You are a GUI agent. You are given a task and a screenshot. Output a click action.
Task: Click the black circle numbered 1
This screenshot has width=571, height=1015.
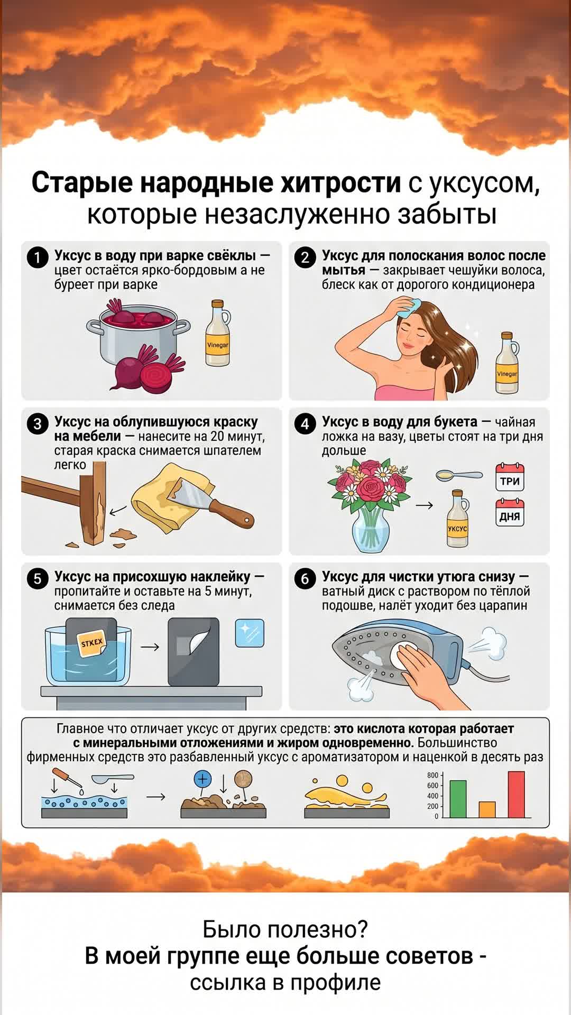[38, 259]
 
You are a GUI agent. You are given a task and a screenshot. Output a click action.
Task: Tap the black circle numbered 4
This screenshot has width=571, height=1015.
[305, 425]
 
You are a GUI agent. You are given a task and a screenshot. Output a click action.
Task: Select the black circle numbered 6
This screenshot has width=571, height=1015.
[305, 579]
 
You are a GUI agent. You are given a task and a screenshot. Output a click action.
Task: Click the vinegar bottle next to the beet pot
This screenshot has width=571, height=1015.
[217, 335]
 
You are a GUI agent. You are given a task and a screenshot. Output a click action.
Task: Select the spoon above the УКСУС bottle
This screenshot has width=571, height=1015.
[458, 475]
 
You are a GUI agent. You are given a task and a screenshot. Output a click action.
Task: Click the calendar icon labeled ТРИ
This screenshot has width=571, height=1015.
[510, 477]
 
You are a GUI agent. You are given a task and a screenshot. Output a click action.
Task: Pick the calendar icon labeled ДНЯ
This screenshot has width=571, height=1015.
[510, 513]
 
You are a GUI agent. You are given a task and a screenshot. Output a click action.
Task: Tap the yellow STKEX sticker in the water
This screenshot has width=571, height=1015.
[92, 643]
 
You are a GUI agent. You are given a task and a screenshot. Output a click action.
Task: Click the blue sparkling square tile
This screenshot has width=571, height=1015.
[249, 633]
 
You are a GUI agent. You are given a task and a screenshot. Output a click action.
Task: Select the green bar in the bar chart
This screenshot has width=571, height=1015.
[458, 799]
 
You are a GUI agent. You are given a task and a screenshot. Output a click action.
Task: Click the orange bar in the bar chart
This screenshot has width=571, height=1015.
[487, 809]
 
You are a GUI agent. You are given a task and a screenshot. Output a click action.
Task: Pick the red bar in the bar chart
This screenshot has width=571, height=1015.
[517, 794]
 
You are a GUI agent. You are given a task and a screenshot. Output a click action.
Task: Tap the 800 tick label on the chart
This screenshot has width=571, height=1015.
[432, 776]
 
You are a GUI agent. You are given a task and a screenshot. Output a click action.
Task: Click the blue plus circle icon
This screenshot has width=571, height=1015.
[203, 779]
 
